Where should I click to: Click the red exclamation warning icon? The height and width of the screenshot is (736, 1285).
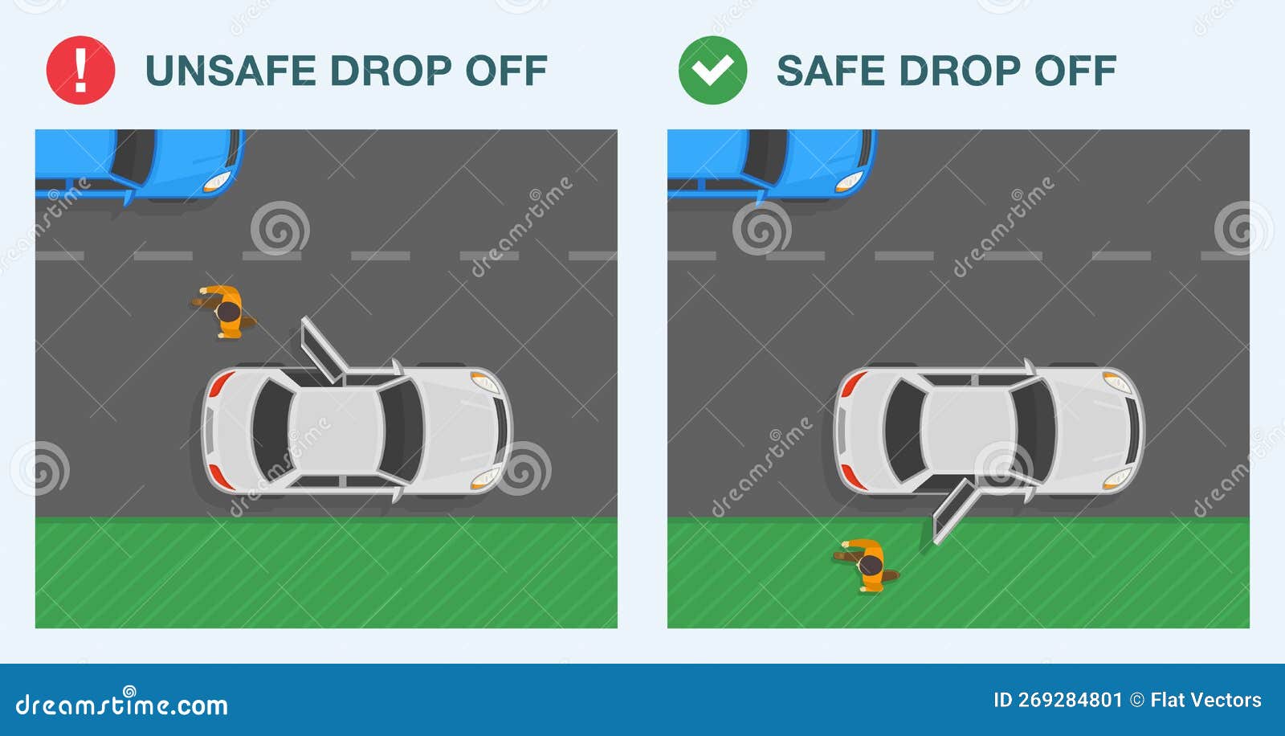pyautogui.click(x=80, y=70)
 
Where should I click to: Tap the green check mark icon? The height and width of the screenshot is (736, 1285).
pyautogui.click(x=712, y=70)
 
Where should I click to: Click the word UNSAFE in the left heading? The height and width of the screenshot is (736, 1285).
pyautogui.click(x=230, y=71)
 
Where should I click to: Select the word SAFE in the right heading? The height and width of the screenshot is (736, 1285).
pyautogui.click(x=830, y=71)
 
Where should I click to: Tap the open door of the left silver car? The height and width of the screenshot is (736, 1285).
pyautogui.click(x=321, y=350)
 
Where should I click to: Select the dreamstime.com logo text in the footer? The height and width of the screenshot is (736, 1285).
pyautogui.click(x=122, y=705)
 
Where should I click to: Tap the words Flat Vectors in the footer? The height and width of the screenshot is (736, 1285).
pyautogui.click(x=1205, y=701)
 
